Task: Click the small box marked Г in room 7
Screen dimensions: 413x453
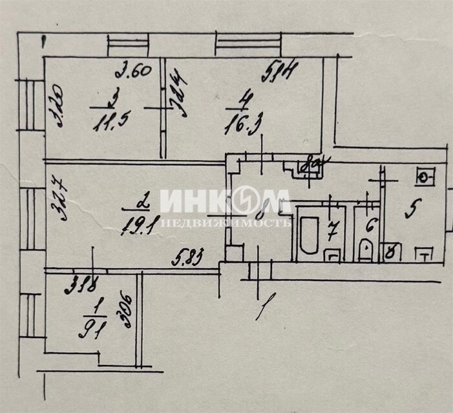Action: [332, 255]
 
